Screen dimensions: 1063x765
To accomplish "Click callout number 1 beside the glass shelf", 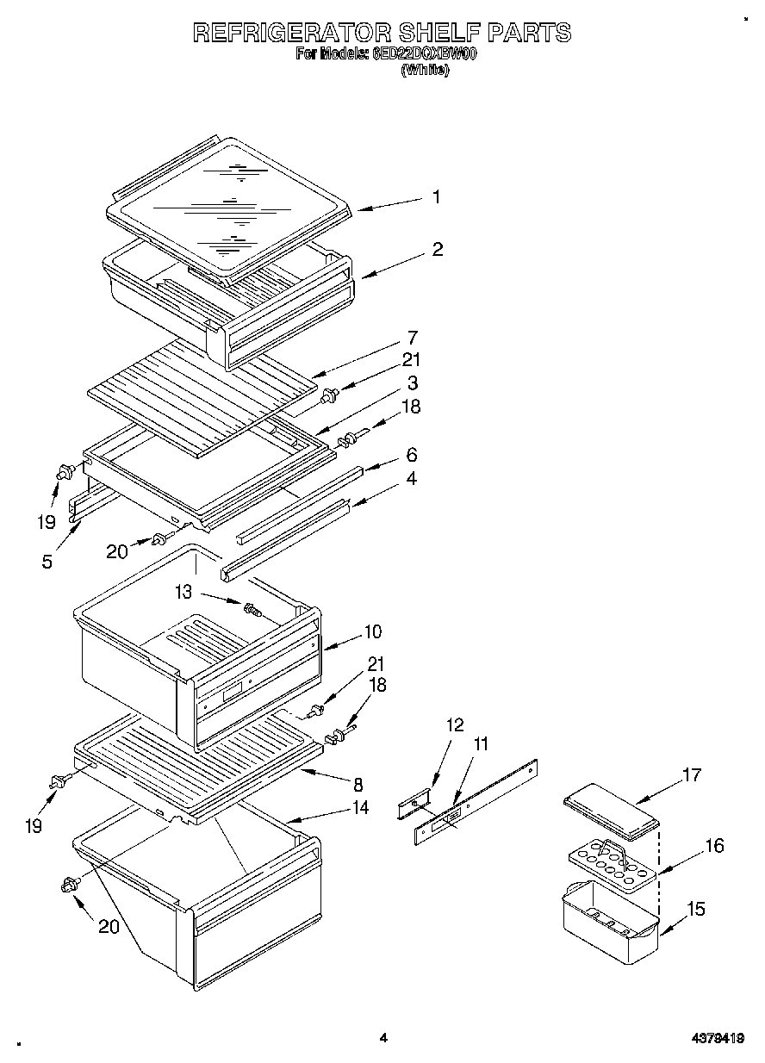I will (x=436, y=197).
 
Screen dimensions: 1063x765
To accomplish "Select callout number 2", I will (x=438, y=250).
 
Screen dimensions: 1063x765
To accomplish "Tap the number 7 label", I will (x=413, y=337).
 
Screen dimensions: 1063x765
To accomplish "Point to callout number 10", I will (x=372, y=631).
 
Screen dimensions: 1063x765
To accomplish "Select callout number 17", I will (x=692, y=774).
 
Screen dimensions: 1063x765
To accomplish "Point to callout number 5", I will (x=47, y=561).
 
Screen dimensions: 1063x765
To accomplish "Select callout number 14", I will (x=360, y=807).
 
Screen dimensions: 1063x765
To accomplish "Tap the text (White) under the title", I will (x=425, y=71).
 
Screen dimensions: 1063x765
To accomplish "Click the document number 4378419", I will (x=717, y=1039).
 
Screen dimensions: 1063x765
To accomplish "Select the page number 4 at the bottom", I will (x=382, y=1039).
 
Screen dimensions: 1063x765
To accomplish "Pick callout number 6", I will (x=412, y=453).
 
